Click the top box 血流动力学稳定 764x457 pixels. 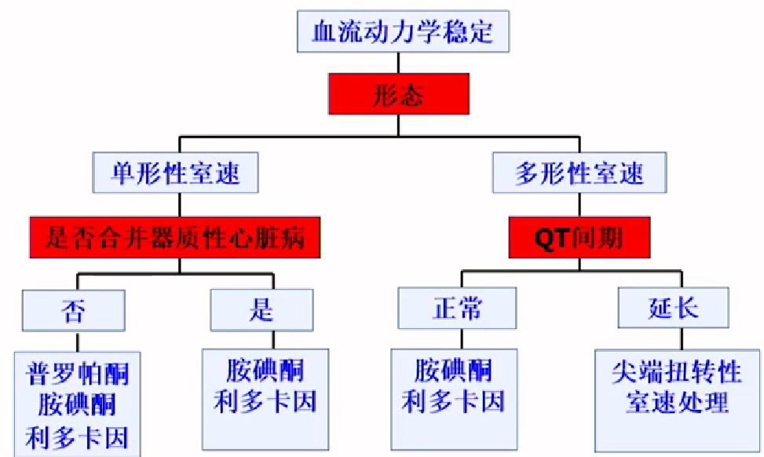(403, 32)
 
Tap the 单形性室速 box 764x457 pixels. (177, 172)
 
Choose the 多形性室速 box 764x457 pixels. (579, 172)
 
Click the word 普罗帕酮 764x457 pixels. (77, 372)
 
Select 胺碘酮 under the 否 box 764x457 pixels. (77, 404)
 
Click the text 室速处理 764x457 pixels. (676, 401)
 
